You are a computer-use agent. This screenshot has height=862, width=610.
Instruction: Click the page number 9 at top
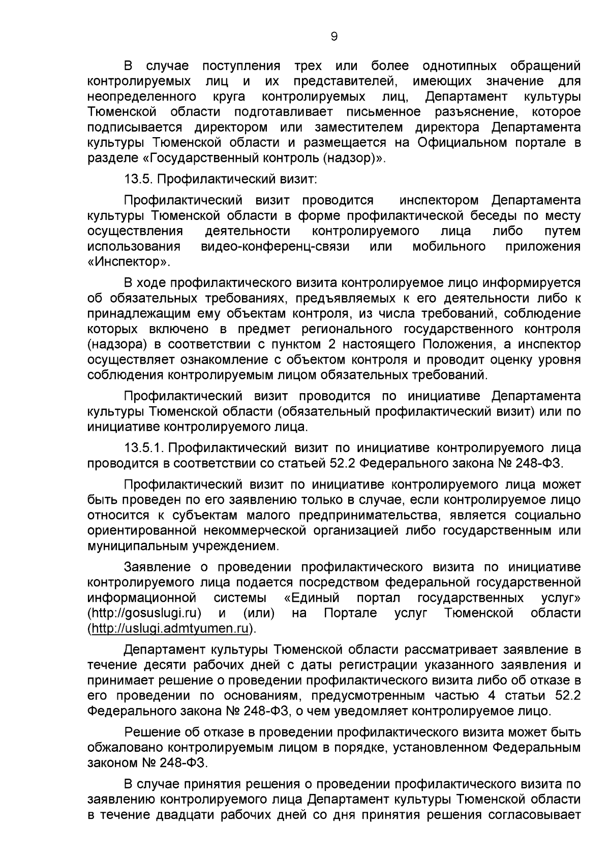pos(333,37)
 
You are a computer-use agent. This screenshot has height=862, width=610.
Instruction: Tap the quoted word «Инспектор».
pos(128,263)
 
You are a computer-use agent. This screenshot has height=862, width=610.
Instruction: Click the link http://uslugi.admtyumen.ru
pos(170,628)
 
